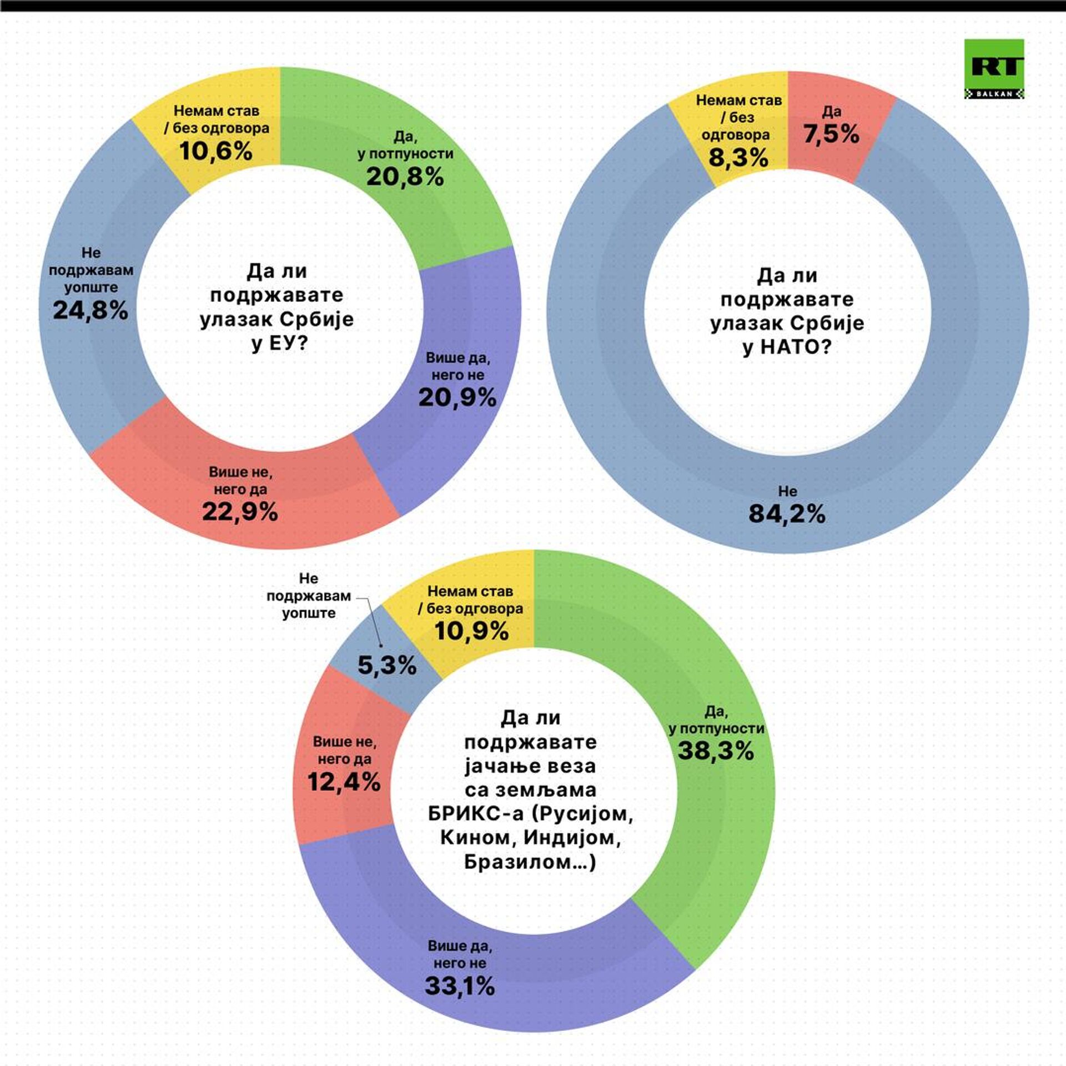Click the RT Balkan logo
[994, 69]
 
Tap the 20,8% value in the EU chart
[405, 177]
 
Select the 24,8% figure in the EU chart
[90, 310]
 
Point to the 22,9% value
[240, 511]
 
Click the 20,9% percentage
[457, 397]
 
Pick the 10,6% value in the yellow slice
[216, 151]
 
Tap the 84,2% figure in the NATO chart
[787, 514]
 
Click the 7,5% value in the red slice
[831, 134]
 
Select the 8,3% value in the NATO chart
[738, 158]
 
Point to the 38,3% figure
[716, 751]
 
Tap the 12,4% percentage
[344, 782]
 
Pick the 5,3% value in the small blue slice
[387, 665]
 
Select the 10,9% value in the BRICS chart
[471, 631]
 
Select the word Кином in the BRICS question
[477, 837]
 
